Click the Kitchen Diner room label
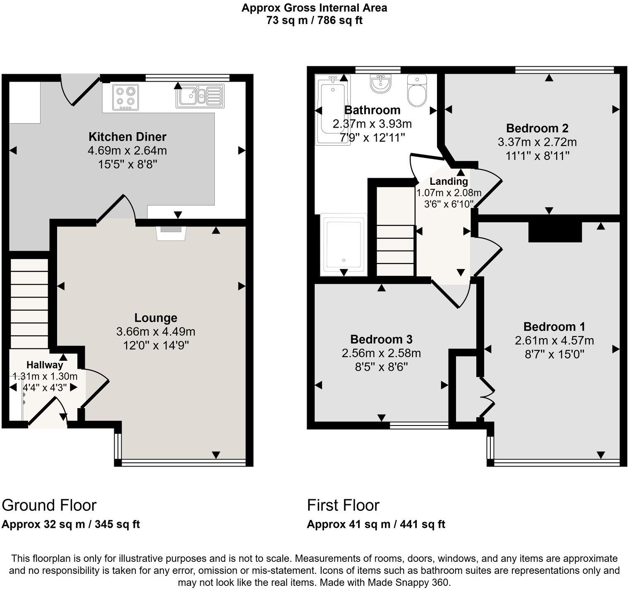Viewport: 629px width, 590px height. pyautogui.click(x=127, y=137)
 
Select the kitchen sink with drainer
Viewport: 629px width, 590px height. pyautogui.click(x=200, y=96)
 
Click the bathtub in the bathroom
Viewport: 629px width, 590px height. pyautogui.click(x=332, y=110)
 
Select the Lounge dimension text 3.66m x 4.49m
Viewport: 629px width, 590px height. pyautogui.click(x=156, y=332)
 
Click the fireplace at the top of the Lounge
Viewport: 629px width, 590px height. pyautogui.click(x=171, y=232)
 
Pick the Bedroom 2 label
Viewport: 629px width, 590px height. pyautogui.click(x=537, y=128)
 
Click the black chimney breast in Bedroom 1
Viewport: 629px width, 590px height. pyautogui.click(x=555, y=232)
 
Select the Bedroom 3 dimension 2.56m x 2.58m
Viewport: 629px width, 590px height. pyautogui.click(x=381, y=353)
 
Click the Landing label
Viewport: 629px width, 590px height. pyautogui.click(x=449, y=181)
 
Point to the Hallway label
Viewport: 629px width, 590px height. pyautogui.click(x=45, y=365)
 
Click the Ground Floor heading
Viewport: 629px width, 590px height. pyautogui.click(x=49, y=505)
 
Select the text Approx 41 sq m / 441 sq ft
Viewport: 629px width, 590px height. pyautogui.click(x=376, y=525)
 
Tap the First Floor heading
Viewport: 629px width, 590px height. pyautogui.click(x=343, y=505)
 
